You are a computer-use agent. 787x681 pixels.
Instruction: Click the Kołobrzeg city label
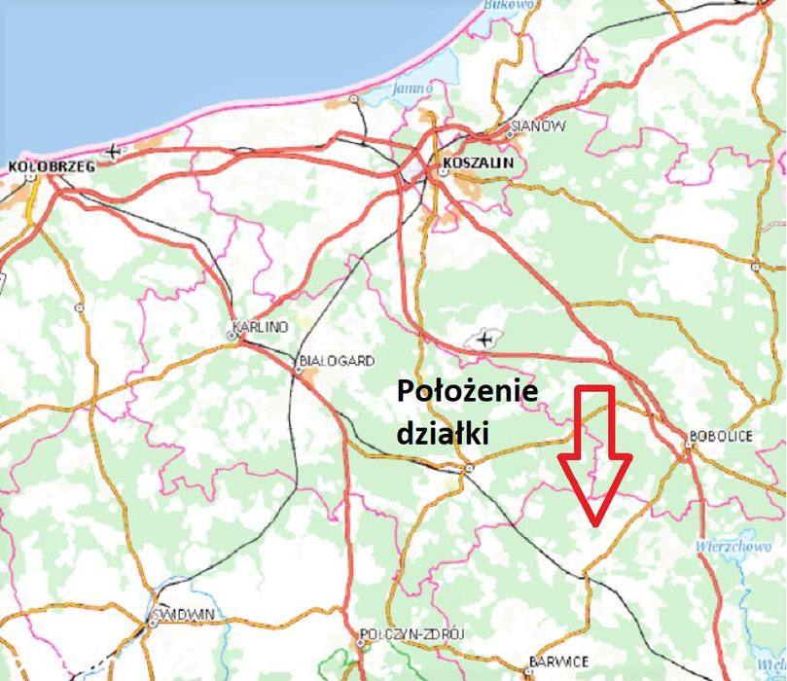point(51,166)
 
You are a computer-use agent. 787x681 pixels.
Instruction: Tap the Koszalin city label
point(477,162)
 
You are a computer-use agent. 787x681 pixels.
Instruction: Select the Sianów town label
point(538,126)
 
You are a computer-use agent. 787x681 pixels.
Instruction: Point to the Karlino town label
point(258,327)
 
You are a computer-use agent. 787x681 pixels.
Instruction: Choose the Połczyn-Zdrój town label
point(412,634)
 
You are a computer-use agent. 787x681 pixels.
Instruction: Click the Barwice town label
point(558,663)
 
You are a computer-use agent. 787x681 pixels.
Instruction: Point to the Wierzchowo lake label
point(733,547)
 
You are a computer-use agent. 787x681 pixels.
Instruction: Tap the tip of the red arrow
point(593,524)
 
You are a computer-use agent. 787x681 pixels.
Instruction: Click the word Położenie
point(467,392)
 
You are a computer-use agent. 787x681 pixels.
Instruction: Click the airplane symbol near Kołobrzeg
point(115,151)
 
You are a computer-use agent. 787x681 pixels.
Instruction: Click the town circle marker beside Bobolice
point(687,449)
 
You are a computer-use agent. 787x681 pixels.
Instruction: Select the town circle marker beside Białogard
point(299,369)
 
